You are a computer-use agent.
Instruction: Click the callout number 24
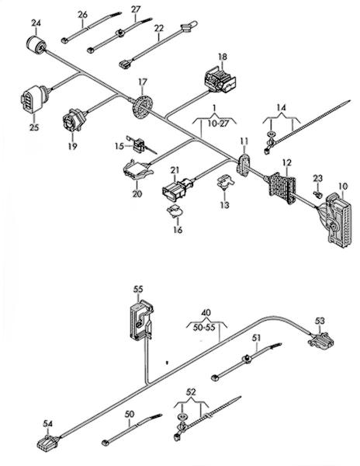pyautogui.click(x=36, y=23)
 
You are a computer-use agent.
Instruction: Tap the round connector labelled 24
pyautogui.click(x=36, y=45)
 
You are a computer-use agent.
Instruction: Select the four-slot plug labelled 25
pyautogui.click(x=34, y=99)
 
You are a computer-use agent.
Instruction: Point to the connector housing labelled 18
pyautogui.click(x=220, y=80)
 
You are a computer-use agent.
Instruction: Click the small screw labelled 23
pyautogui.click(x=317, y=193)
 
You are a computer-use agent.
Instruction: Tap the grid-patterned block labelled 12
pyautogui.click(x=282, y=188)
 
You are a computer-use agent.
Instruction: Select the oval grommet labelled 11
pyautogui.click(x=244, y=165)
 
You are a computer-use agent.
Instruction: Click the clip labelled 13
pyautogui.click(x=225, y=182)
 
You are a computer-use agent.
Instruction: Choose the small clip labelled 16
pyautogui.click(x=175, y=211)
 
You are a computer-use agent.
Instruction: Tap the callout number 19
pyautogui.click(x=73, y=146)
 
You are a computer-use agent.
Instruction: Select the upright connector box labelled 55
pyautogui.click(x=141, y=320)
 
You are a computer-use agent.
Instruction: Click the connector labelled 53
pyautogui.click(x=320, y=339)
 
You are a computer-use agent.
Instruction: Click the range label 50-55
pyautogui.click(x=204, y=328)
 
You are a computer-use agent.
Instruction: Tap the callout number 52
pyautogui.click(x=191, y=392)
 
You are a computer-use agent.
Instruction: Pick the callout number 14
pyautogui.click(x=281, y=108)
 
